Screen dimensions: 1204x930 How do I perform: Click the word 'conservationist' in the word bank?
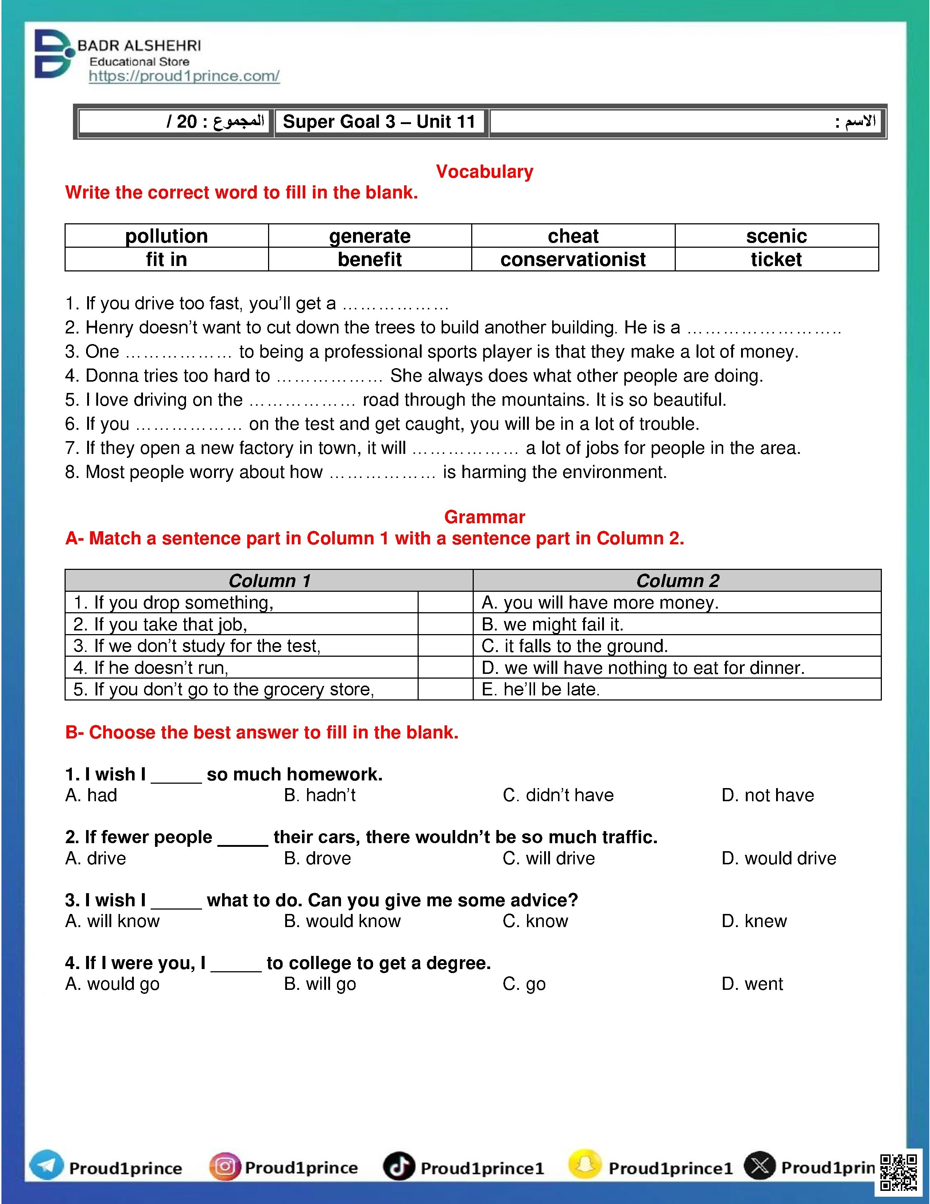point(573,259)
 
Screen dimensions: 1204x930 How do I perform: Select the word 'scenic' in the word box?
point(776,236)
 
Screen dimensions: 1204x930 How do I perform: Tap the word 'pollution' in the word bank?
point(166,236)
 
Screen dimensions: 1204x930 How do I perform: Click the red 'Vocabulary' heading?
point(484,171)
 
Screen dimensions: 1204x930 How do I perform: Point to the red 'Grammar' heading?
point(484,517)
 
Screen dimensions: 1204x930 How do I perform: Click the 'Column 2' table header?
point(677,580)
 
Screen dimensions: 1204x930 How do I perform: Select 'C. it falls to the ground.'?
point(575,645)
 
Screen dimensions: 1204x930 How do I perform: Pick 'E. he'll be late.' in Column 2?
point(540,689)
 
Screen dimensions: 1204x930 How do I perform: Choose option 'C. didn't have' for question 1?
point(558,795)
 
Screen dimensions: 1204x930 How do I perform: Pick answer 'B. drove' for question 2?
point(317,858)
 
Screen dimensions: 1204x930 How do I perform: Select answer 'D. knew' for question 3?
point(754,921)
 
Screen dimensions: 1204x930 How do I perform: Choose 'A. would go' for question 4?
point(112,984)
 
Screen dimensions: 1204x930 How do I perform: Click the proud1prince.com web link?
point(184,76)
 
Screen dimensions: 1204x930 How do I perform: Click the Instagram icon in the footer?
point(225,1166)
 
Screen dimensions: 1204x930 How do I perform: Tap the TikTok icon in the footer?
point(398,1166)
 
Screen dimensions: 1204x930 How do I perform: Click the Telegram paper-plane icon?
point(46,1166)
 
